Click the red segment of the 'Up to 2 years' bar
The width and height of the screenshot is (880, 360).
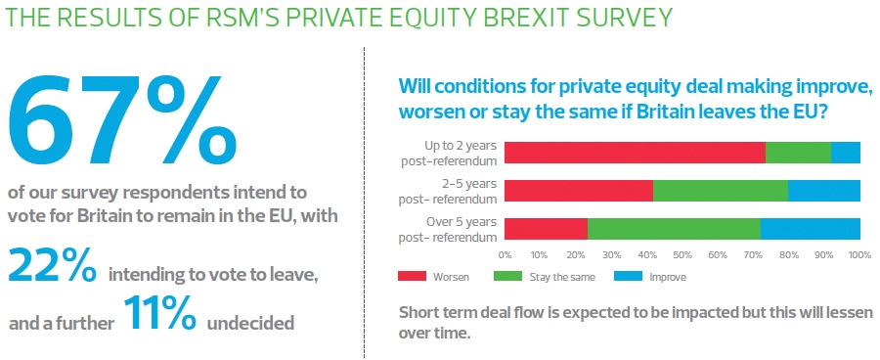[x=635, y=152]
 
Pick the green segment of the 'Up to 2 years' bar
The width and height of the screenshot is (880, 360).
[x=798, y=152]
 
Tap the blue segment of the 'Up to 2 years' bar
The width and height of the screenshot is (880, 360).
[x=846, y=152]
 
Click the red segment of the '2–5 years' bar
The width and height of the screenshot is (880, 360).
[x=579, y=190]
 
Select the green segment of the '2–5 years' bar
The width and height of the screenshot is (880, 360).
[x=720, y=190]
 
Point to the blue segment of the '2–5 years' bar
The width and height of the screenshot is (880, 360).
[x=824, y=190]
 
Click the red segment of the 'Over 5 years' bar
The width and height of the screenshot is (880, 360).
[x=546, y=228]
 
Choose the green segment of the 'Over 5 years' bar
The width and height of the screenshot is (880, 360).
[x=674, y=228]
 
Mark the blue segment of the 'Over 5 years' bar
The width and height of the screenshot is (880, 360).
[x=811, y=228]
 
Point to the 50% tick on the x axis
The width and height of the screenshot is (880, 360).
[x=682, y=254]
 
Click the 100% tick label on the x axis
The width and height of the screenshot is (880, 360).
[x=859, y=254]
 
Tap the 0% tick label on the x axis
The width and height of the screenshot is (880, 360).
[x=506, y=254]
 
